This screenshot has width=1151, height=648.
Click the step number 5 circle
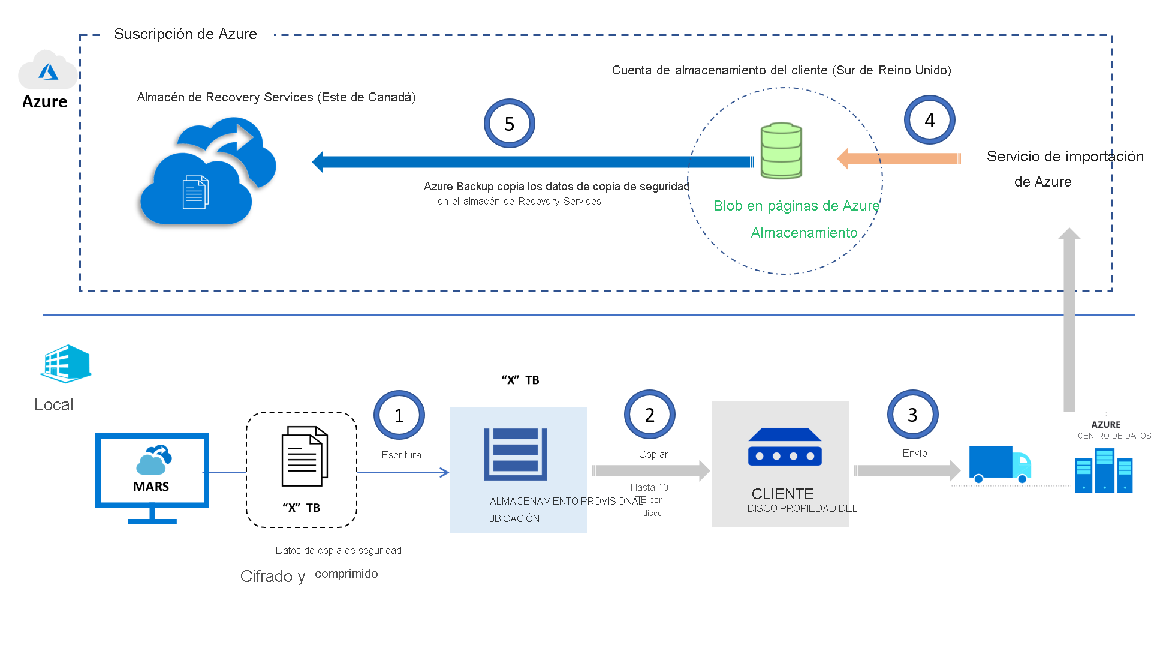(509, 124)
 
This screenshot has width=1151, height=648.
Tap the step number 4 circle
(929, 120)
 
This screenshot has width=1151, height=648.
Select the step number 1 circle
(399, 415)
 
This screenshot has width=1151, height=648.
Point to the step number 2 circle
(649, 415)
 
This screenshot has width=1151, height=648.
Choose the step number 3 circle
(912, 415)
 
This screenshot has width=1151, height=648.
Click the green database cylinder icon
(781, 151)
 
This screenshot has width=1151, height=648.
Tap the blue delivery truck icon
(999, 464)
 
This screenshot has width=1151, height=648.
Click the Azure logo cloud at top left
(47, 70)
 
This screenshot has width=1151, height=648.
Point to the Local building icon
(65, 364)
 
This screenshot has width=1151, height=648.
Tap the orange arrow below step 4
(899, 158)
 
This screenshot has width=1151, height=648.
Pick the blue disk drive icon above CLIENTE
(785, 447)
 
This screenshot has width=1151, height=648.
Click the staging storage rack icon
(516, 454)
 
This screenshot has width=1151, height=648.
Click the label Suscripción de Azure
(185, 34)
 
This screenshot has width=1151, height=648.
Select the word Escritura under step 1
(401, 455)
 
